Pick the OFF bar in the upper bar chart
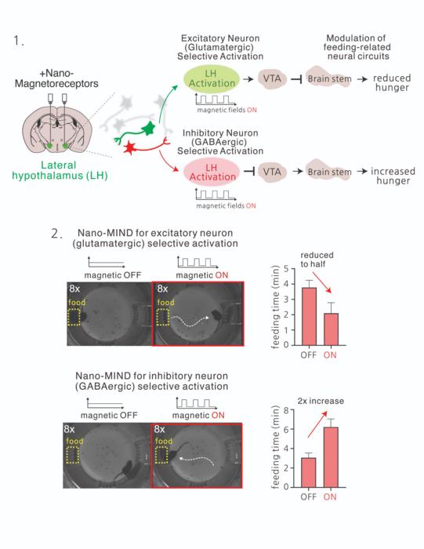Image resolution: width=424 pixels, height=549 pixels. click(310, 316)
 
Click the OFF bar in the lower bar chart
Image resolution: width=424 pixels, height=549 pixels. click(310, 472)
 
